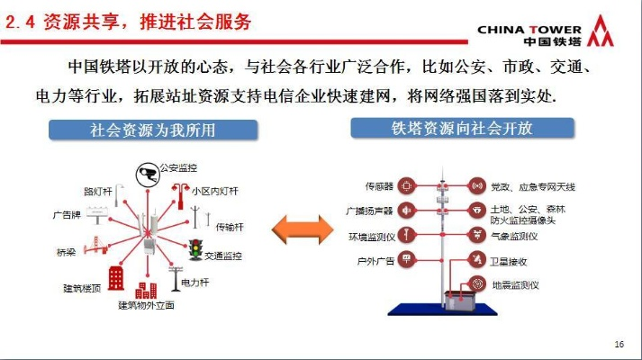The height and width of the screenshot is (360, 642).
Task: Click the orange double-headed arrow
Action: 303,229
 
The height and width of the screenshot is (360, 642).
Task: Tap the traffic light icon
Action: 195,249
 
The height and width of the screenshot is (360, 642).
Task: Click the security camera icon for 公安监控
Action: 148,175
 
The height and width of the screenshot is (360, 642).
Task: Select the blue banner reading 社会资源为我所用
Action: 153,130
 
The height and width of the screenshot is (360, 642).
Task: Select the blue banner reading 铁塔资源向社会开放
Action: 462,128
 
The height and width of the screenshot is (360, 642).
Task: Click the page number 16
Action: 619,344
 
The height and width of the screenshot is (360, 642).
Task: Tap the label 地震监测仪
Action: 515,285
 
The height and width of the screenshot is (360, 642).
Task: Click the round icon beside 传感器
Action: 406,186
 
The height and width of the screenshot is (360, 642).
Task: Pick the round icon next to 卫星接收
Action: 476,259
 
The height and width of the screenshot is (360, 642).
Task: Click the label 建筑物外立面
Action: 146,305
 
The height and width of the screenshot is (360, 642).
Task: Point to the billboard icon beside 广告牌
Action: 97,215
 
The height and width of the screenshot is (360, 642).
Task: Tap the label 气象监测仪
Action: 514,236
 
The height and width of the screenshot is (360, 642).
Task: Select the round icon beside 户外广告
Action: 406,259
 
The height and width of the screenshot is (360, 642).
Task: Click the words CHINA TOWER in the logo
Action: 529,30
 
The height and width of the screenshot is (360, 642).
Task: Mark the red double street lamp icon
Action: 180,196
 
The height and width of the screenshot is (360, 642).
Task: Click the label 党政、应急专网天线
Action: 533,187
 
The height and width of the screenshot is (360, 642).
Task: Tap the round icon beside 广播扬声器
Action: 406,211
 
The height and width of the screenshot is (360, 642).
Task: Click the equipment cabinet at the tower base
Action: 461,300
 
